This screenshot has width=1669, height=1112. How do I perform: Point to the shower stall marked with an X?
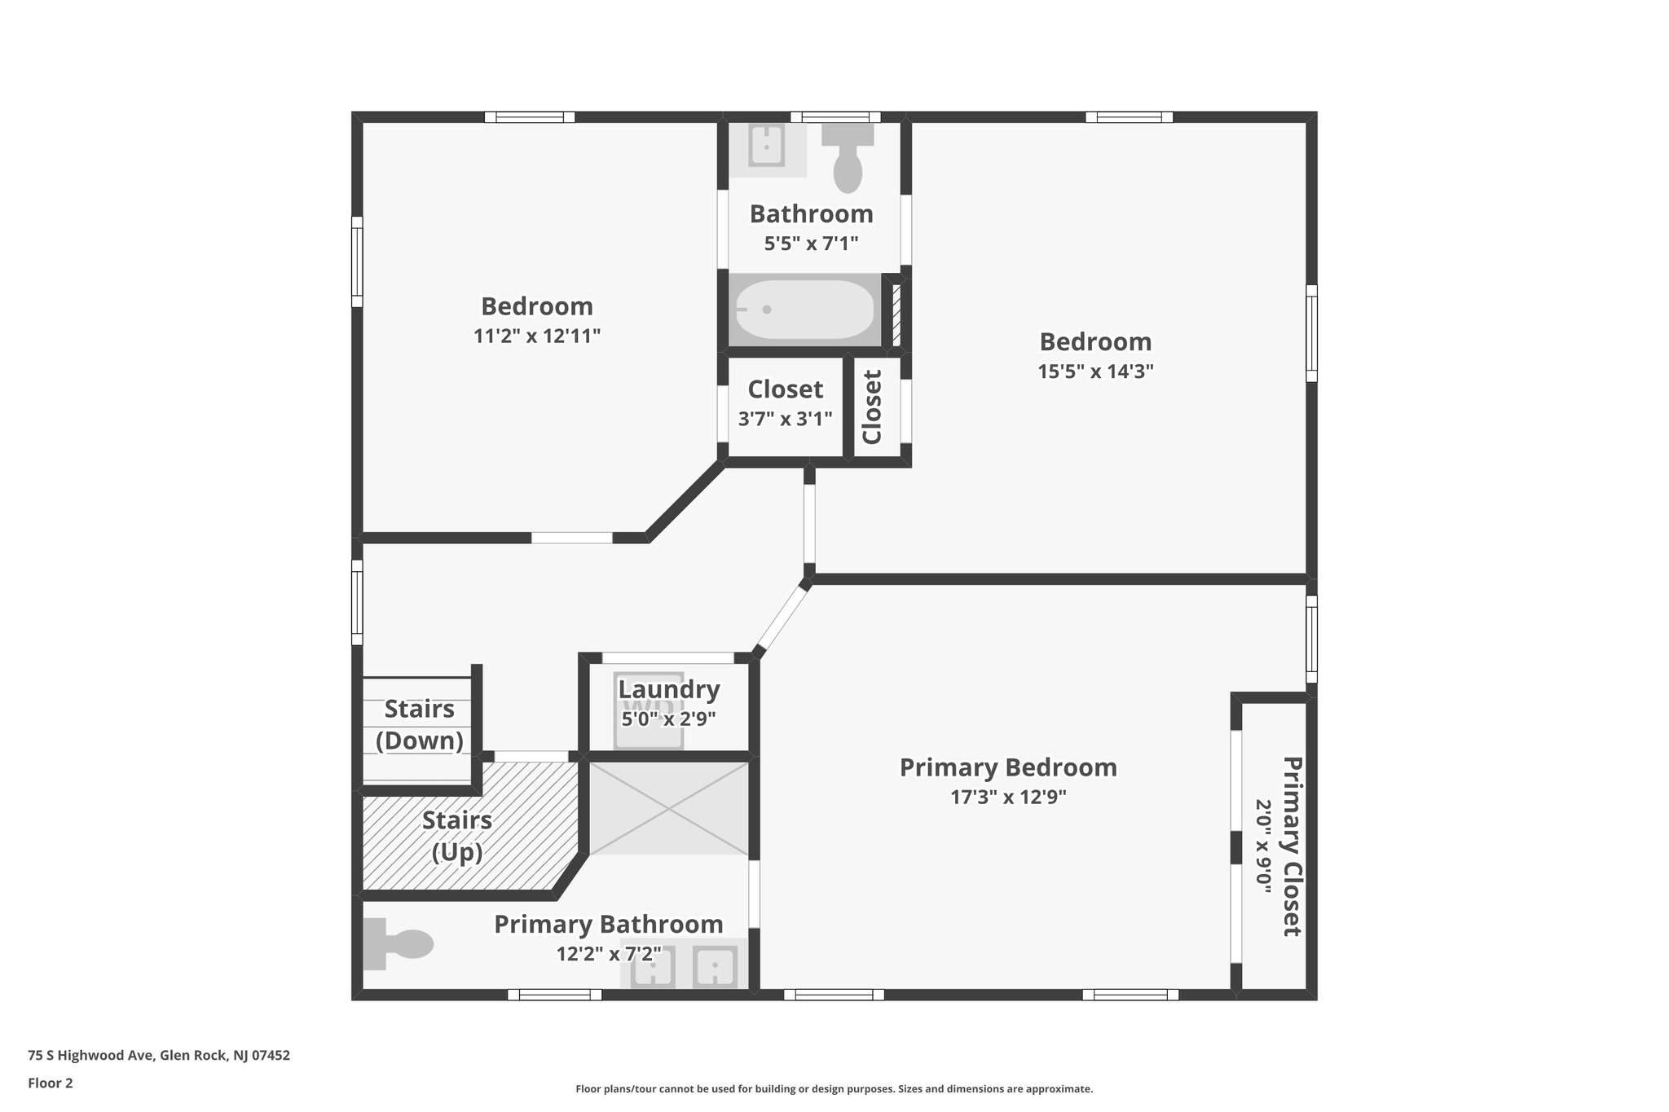(x=668, y=808)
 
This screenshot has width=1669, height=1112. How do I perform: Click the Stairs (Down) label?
(x=419, y=724)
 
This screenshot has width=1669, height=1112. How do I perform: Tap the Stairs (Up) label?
(x=456, y=836)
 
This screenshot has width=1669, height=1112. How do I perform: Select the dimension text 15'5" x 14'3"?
(x=1094, y=371)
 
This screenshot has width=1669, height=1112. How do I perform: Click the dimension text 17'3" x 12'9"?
(x=1008, y=797)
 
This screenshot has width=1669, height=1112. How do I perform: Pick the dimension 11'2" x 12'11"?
(x=536, y=336)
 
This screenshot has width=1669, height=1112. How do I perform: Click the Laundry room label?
(x=668, y=690)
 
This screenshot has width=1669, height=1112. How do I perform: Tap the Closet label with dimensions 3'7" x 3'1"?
(x=785, y=389)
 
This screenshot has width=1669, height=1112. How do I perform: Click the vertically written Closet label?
(x=872, y=407)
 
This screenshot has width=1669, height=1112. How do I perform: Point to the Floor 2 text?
(x=51, y=1083)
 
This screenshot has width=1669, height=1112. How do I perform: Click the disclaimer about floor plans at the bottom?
(x=834, y=1088)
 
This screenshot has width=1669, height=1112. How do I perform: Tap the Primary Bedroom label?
(x=1008, y=767)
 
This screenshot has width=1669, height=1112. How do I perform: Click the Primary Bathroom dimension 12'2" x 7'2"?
(x=609, y=954)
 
